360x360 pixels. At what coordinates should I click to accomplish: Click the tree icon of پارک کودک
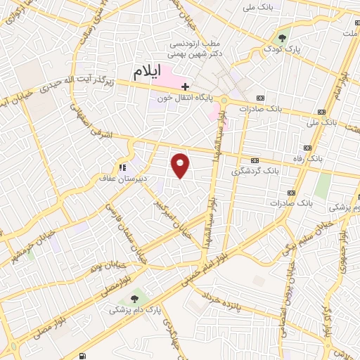(282, 38)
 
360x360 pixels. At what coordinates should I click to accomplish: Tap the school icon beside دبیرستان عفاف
(123, 168)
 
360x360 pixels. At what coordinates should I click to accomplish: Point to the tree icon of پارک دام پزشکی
(135, 292)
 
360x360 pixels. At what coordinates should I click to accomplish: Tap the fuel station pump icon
(84, 356)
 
